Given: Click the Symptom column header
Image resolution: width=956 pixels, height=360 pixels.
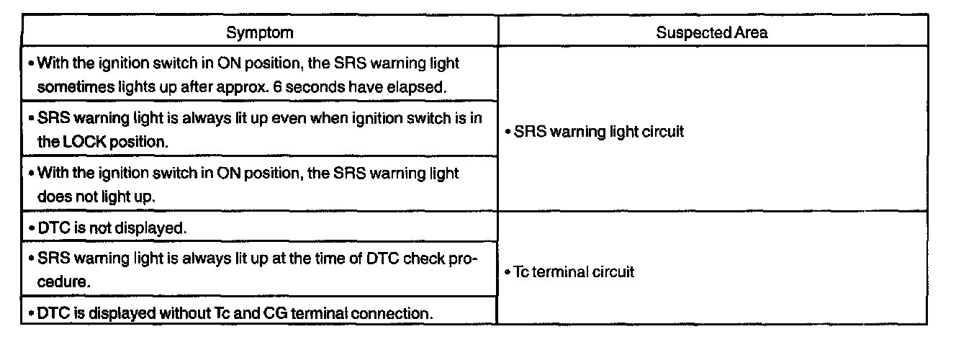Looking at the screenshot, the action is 259,33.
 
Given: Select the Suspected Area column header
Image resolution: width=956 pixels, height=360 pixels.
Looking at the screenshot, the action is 711,33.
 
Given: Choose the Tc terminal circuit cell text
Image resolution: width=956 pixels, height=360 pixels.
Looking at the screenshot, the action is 574,273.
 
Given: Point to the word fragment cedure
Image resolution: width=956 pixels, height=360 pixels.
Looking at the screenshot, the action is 64,282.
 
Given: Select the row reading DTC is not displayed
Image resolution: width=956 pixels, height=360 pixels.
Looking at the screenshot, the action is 112,228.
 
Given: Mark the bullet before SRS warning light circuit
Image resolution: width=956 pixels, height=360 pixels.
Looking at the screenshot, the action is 508,133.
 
